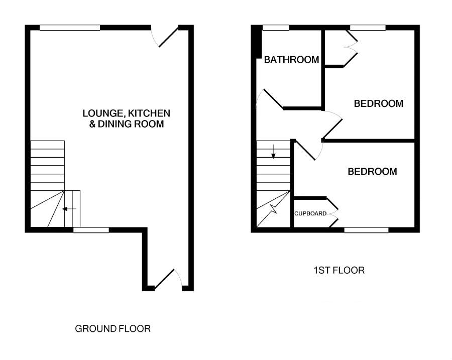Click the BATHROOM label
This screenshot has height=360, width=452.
[291, 60]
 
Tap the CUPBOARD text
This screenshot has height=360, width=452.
[310, 213]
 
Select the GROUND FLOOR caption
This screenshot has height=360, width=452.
[112, 329]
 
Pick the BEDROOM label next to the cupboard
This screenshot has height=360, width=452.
[372, 172]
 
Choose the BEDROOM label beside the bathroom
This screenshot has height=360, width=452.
[378, 104]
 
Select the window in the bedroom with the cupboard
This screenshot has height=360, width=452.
[366, 230]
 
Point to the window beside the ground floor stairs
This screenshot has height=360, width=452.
[91, 230]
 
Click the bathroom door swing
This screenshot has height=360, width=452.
[269, 99]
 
